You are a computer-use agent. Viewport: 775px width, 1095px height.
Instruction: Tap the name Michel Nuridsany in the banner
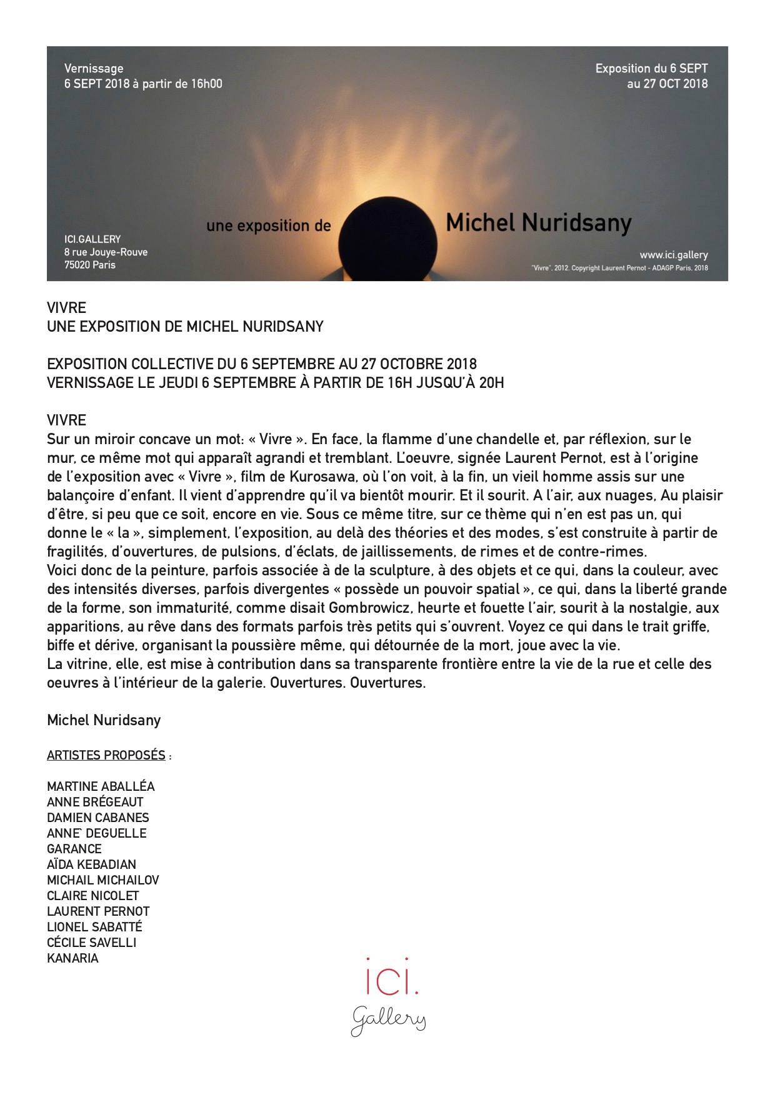[538, 223]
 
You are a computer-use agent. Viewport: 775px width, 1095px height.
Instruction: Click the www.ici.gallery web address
[673, 255]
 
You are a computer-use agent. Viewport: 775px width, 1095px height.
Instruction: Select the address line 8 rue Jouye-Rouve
[106, 252]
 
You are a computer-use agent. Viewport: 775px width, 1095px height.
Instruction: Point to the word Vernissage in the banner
[94, 69]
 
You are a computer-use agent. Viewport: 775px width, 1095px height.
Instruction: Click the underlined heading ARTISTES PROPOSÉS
[106, 755]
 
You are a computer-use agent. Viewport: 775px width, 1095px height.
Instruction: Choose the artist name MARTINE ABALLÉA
[101, 786]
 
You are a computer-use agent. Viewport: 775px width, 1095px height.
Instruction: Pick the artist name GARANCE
[74, 849]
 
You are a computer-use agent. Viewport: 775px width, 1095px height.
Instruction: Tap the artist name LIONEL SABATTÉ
[94, 927]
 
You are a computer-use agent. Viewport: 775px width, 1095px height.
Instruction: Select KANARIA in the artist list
[72, 958]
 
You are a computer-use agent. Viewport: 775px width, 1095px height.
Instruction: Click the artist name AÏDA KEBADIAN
[91, 865]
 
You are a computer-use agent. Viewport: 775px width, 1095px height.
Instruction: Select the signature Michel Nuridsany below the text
[104, 720]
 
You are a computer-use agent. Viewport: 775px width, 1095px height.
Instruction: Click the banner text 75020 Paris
[89, 265]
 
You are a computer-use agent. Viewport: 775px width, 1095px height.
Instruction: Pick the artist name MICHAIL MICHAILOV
[103, 880]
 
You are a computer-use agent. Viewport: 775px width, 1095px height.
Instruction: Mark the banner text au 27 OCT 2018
[667, 83]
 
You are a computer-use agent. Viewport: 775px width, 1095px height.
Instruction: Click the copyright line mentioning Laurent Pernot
[619, 269]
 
